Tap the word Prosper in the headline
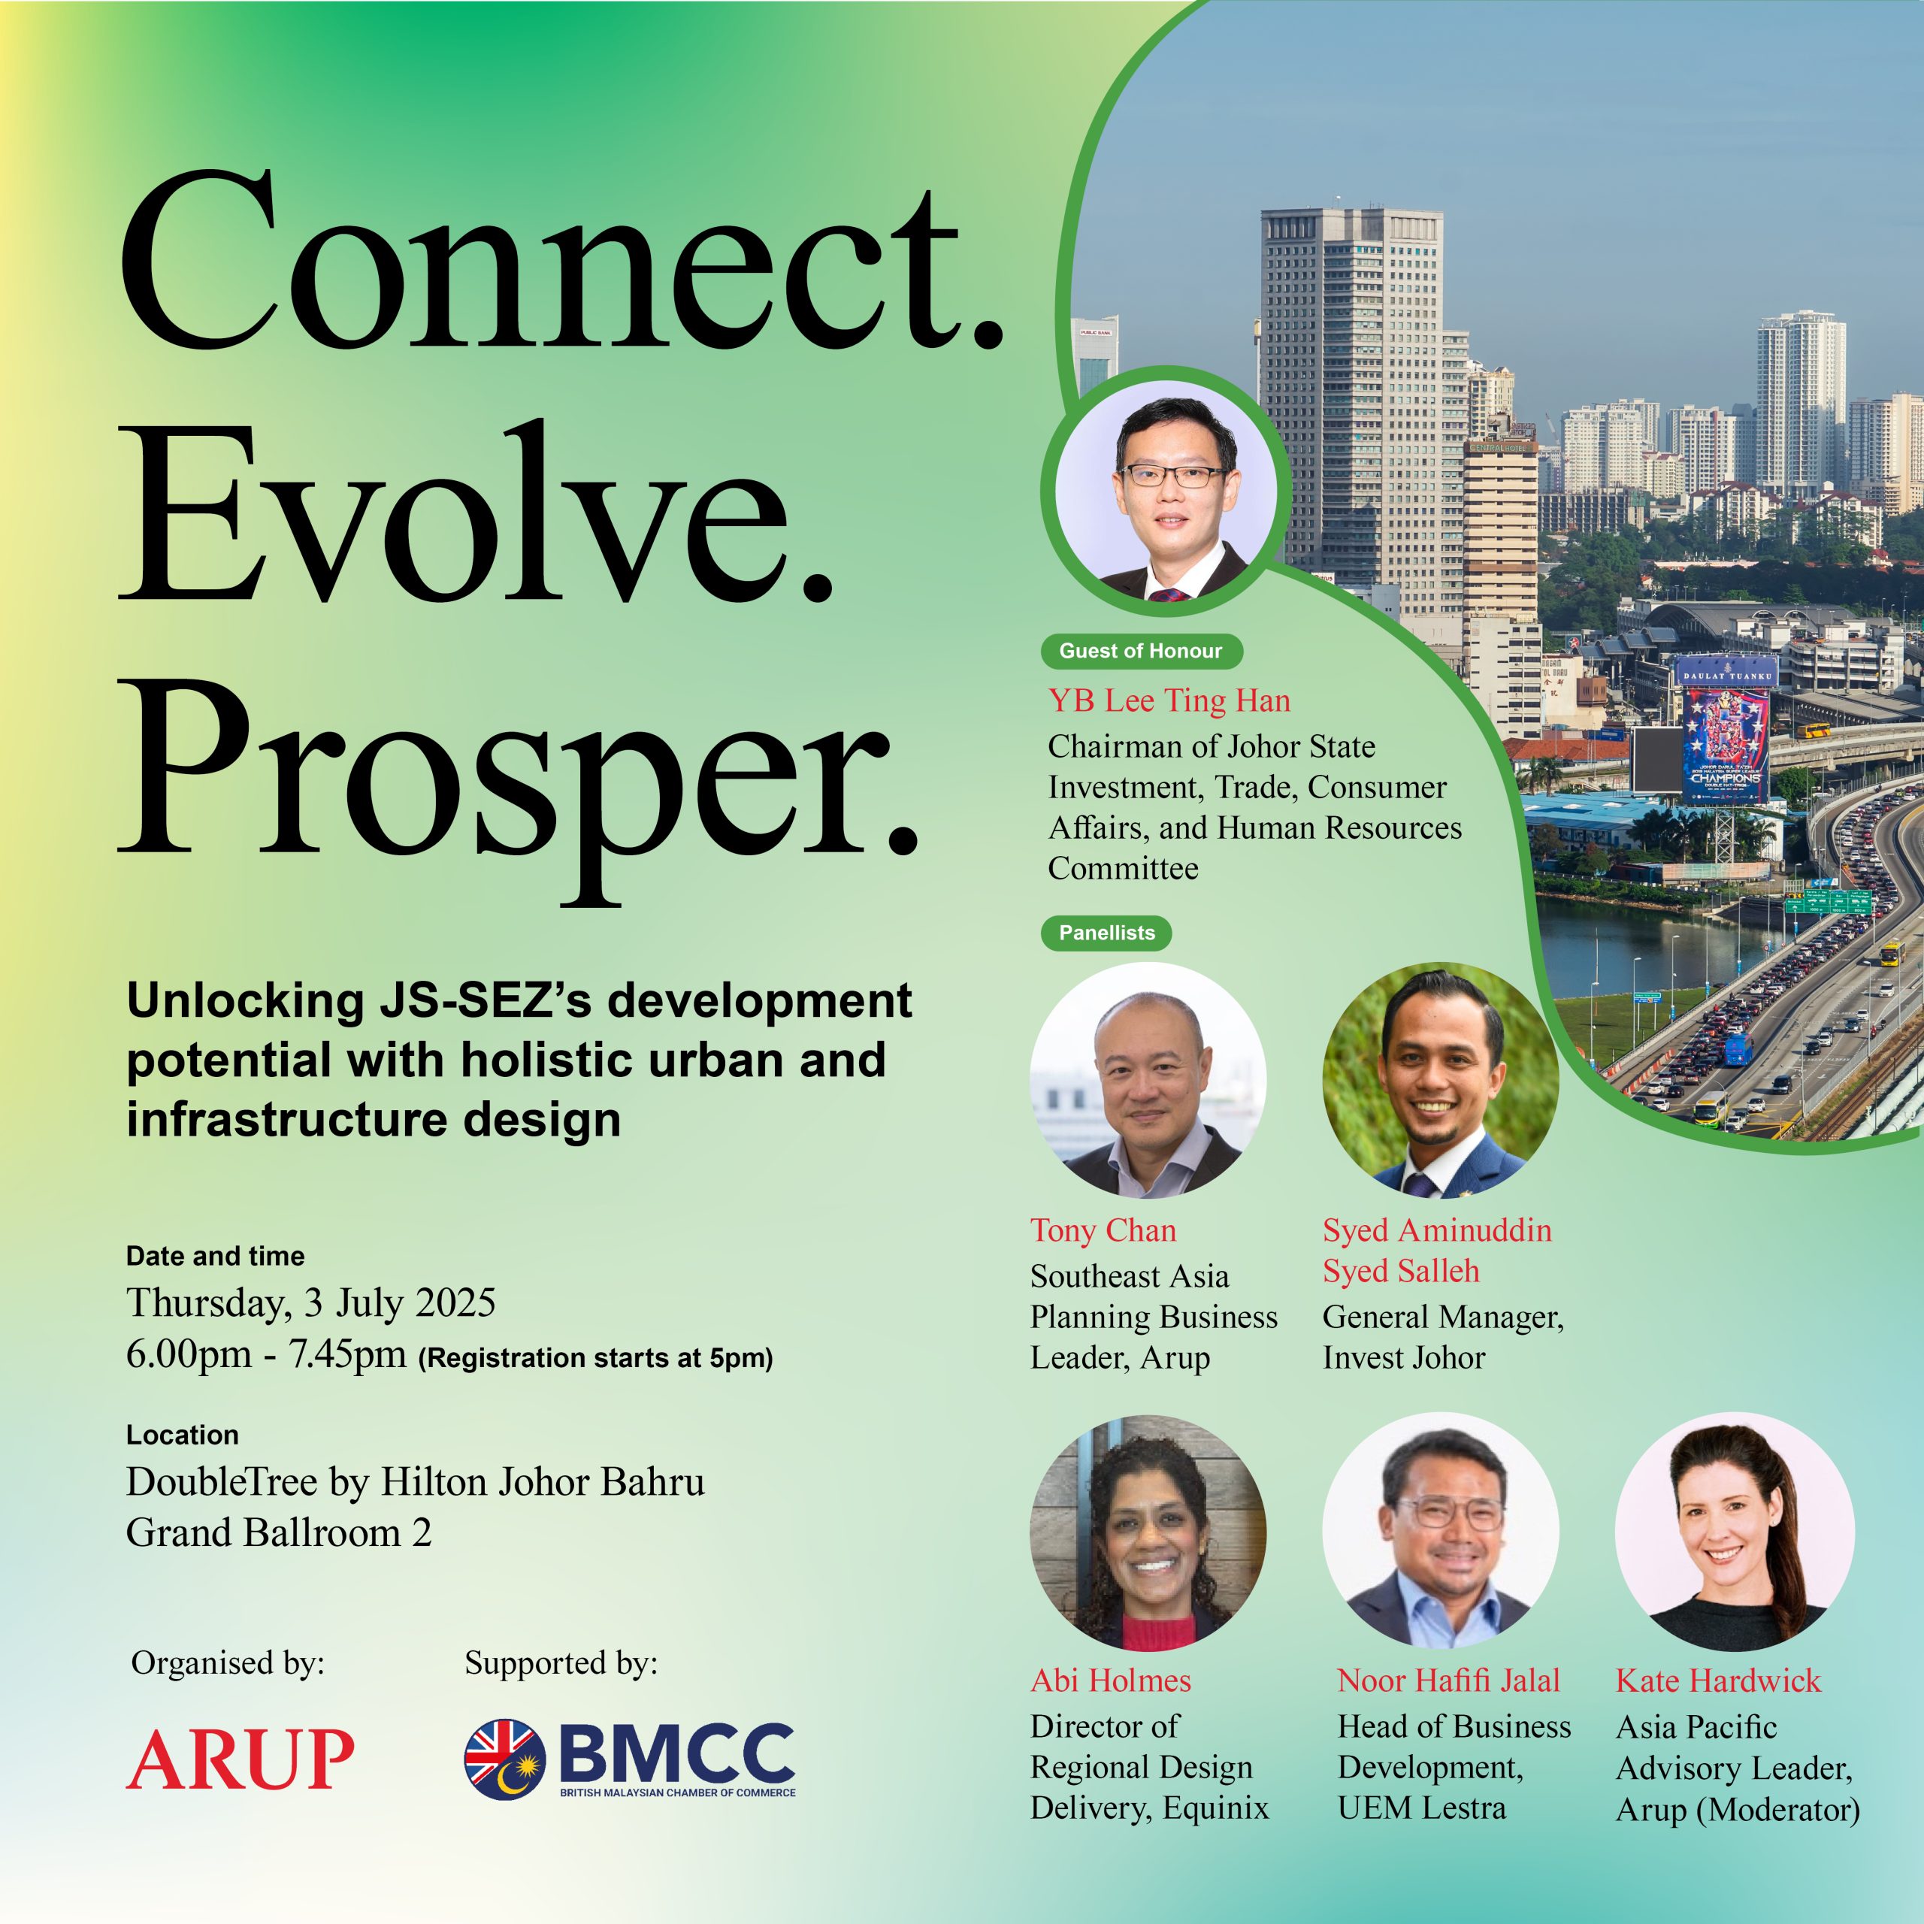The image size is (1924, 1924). pos(518,777)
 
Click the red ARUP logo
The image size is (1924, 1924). pos(240,1759)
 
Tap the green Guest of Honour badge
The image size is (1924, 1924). pos(1142,652)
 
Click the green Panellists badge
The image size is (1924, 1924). pos(1106,933)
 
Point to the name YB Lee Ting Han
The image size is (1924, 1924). pos(1169,701)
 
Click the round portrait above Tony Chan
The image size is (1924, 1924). pos(1148,1079)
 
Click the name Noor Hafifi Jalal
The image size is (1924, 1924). pos(1448,1681)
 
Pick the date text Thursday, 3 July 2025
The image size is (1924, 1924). pos(310,1303)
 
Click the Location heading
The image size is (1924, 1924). pos(182,1435)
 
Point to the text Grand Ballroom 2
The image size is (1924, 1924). pos(279,1532)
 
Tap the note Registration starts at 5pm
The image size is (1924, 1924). pos(595,1358)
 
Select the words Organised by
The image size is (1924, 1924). pos(228,1664)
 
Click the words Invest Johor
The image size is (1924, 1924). pos(1403,1357)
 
